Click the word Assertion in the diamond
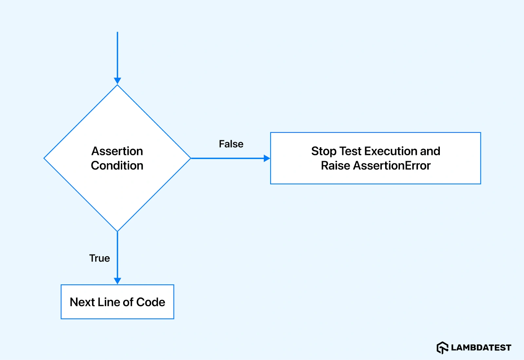(117, 151)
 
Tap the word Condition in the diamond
(117, 166)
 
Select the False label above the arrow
(231, 144)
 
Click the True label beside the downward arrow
(100, 258)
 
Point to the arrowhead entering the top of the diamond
(117, 81)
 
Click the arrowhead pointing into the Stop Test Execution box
(267, 158)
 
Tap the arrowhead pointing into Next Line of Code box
(117, 281)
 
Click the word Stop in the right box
(324, 151)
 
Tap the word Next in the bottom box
(82, 302)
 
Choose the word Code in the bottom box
(151, 302)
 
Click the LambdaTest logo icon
(442, 348)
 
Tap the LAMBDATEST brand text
(481, 348)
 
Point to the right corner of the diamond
(190, 158)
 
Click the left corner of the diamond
(45, 158)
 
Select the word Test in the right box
(350, 151)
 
